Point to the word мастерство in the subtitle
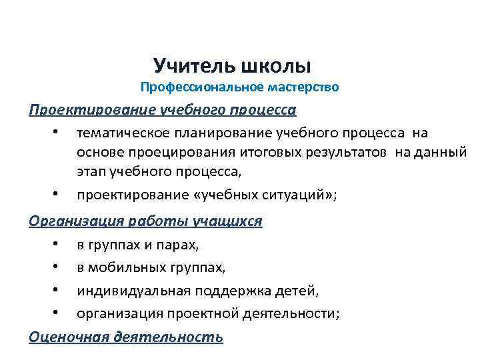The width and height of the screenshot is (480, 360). point(303,87)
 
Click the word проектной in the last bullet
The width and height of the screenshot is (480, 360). point(215,314)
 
